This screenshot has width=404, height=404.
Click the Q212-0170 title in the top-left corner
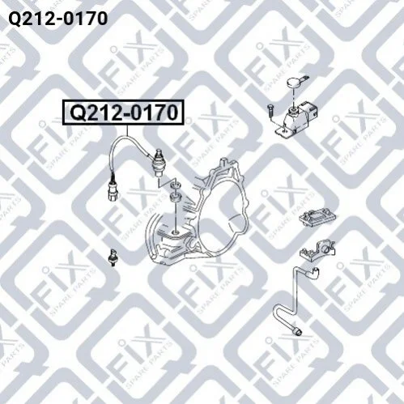click(x=58, y=19)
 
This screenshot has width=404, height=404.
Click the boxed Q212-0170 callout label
click(x=123, y=113)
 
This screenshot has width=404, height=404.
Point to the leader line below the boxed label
click(x=127, y=130)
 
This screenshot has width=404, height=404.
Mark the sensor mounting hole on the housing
click(x=176, y=232)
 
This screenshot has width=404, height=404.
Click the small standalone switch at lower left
click(x=113, y=257)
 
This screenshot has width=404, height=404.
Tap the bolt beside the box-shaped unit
click(x=270, y=110)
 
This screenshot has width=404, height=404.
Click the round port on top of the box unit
click(x=293, y=110)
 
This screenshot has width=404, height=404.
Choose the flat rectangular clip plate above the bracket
click(x=317, y=217)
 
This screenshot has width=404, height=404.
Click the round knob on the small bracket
click(x=325, y=247)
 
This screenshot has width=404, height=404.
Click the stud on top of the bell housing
click(x=223, y=164)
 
